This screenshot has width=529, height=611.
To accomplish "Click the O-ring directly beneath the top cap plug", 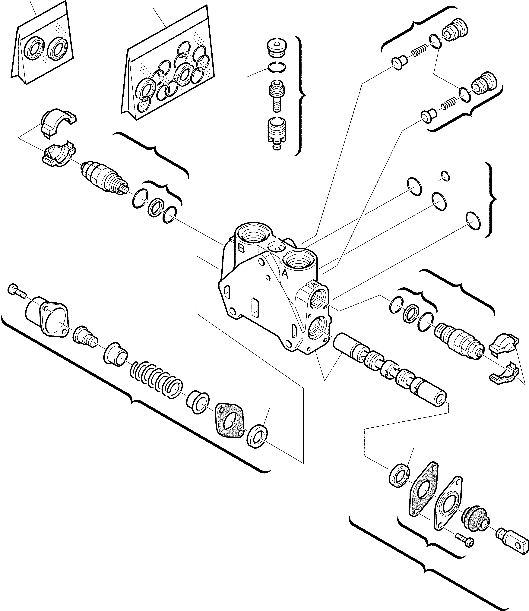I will pos(277,68).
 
